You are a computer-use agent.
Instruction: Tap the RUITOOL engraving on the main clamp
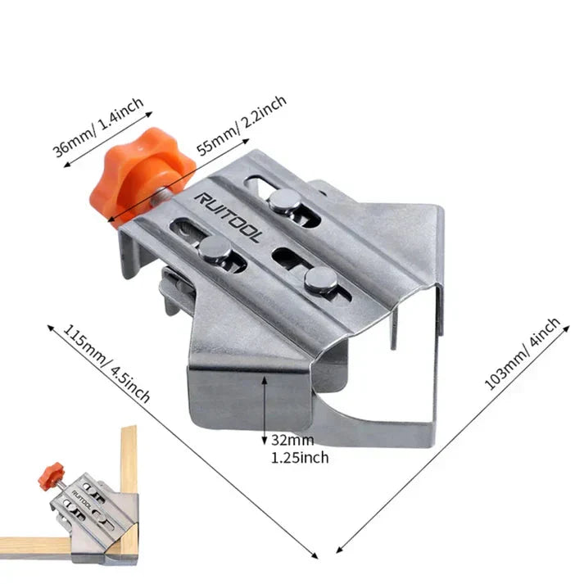[229, 217]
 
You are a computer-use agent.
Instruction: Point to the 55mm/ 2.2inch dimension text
[241, 124]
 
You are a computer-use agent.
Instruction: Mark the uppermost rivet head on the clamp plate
[284, 201]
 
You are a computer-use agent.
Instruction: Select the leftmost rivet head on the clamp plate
[214, 252]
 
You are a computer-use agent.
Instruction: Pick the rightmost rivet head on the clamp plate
[320, 280]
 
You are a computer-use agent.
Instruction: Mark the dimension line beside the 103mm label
[450, 434]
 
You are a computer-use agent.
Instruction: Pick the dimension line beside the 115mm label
[180, 442]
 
